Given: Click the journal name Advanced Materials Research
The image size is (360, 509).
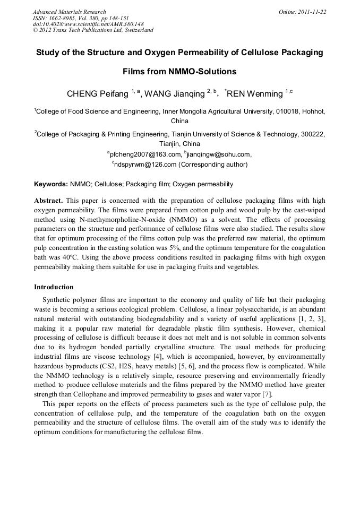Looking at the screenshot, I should click(69, 12).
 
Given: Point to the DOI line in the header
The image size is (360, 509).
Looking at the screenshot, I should click(88, 24).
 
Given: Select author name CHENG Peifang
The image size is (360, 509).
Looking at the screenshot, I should click(98, 94).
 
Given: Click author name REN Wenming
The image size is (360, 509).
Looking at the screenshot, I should click(255, 94).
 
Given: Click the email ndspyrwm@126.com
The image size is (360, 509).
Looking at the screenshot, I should click(144, 165).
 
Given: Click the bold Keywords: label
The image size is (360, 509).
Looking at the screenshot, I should click(51, 184).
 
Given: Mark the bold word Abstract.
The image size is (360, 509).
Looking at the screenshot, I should click(48, 201).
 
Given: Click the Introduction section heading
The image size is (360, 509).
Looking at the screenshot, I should click(54, 287).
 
